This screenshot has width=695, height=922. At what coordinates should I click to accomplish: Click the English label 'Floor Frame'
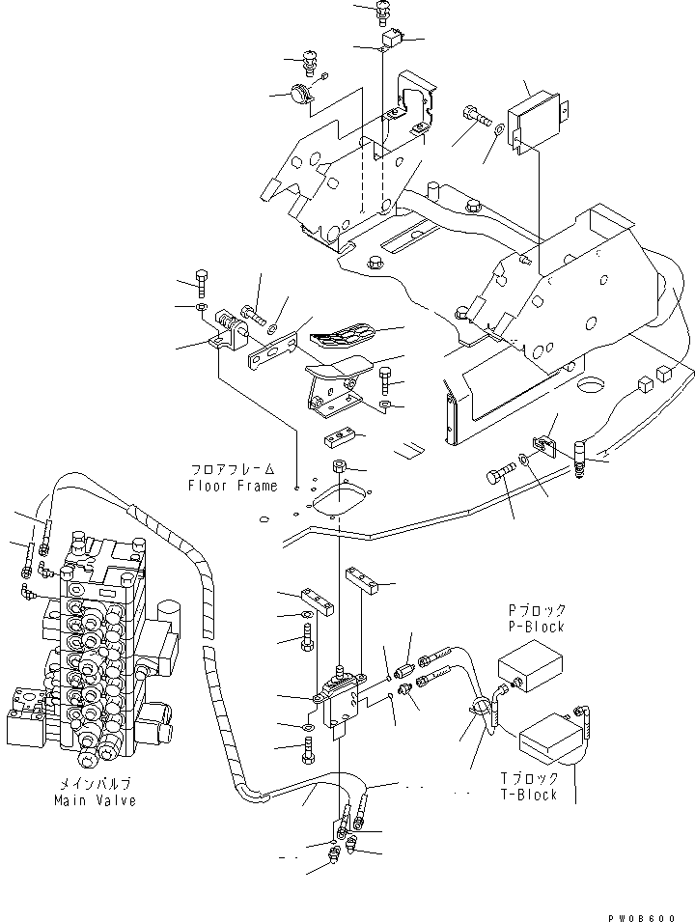[232, 486]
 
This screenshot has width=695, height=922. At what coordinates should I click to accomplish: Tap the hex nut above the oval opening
[340, 469]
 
